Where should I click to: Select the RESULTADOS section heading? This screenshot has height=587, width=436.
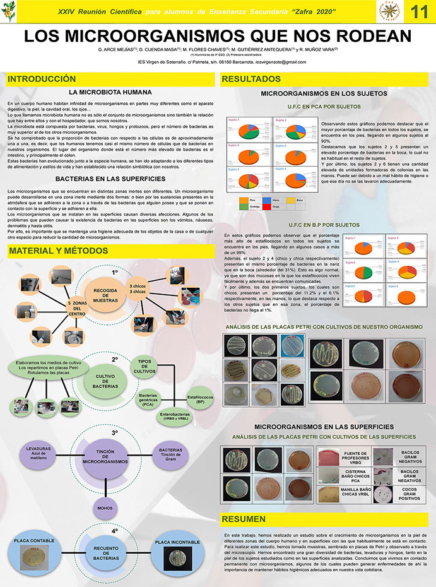point(251,80)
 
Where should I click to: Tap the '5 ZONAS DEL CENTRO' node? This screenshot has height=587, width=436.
point(76,310)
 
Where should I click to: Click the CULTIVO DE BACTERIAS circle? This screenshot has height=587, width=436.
point(105,381)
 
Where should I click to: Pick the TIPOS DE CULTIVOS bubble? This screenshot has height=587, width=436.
point(144,367)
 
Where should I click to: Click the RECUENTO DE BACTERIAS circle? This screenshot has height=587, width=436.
point(105,550)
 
